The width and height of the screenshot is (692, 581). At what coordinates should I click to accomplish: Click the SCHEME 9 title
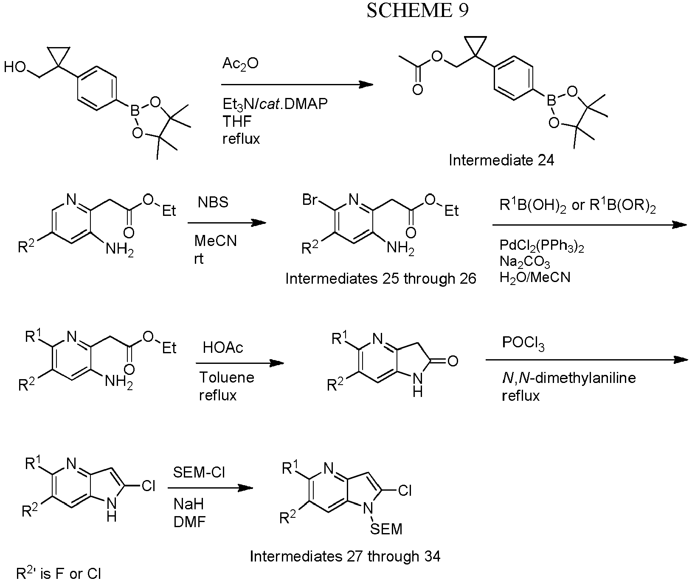[418, 11]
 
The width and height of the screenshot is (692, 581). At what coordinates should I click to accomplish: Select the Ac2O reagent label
[240, 64]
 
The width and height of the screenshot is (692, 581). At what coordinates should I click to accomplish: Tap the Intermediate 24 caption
[501, 160]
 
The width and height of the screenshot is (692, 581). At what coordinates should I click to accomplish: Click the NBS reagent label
[213, 202]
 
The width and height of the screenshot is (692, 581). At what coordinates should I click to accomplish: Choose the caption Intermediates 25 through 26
[380, 279]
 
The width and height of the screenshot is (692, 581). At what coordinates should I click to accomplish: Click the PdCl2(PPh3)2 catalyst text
[542, 246]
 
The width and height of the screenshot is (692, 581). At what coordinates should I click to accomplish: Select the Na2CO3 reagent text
[525, 262]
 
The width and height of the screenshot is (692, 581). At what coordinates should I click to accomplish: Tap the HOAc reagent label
[223, 348]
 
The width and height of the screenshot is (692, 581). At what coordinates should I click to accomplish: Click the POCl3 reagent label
[523, 343]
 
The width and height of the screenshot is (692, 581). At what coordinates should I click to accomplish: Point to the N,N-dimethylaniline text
[568, 378]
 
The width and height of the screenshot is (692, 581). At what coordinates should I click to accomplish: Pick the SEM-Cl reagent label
[199, 472]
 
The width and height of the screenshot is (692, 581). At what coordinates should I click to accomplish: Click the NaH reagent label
[188, 504]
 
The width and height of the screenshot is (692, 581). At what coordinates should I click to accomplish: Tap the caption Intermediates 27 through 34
[345, 556]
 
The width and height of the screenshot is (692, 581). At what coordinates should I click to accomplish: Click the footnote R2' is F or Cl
[59, 573]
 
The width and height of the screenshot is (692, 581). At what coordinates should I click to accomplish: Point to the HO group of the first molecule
[15, 67]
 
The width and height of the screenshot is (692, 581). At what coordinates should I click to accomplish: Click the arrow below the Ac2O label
[297, 84]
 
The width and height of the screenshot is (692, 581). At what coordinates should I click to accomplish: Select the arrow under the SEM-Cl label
[211, 488]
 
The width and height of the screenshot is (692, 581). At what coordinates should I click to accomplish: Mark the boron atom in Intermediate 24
[551, 101]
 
